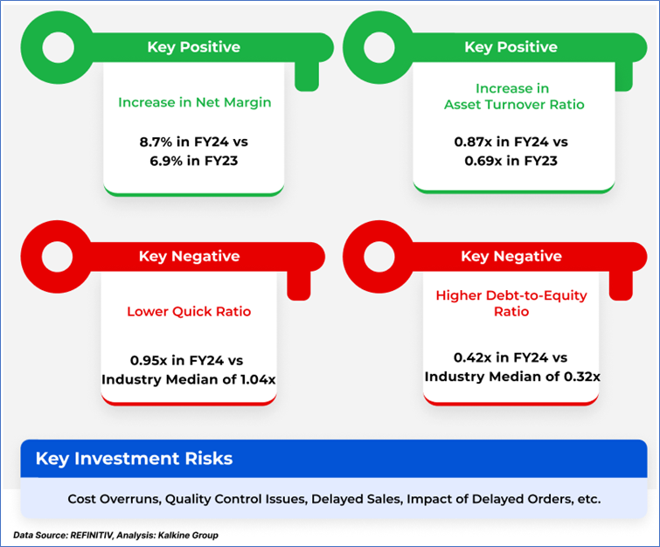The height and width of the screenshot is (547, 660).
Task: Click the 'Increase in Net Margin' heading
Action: point(194,102)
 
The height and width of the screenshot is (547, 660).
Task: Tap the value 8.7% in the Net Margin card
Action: point(156,142)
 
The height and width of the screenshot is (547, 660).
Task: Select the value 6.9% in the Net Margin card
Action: point(166,161)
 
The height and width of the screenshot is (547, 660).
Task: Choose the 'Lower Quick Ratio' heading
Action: point(189,311)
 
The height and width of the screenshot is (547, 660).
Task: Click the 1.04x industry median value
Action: point(258,379)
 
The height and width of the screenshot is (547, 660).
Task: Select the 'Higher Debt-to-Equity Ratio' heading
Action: point(511,303)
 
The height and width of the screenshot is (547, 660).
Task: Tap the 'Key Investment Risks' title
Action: point(134,459)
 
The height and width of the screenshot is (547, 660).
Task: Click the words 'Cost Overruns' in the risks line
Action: point(114,499)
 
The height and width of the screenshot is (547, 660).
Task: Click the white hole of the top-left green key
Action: point(58,47)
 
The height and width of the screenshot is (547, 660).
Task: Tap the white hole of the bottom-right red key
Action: point(379,256)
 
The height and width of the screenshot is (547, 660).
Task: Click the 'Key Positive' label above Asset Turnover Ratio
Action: point(511,47)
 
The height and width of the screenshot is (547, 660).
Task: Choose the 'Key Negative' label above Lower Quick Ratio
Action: point(190,256)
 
